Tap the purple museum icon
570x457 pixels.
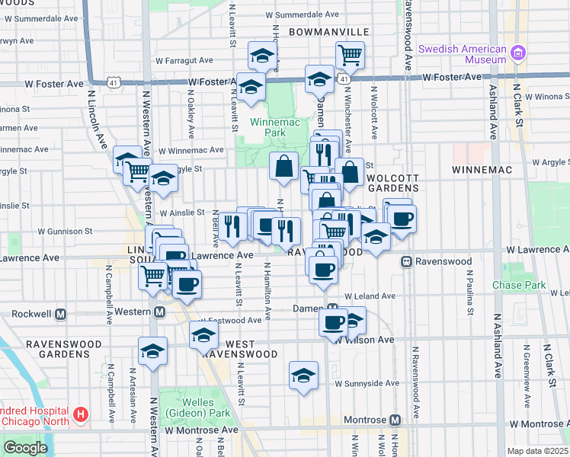coord(519,53)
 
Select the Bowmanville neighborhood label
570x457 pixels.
coord(329,32)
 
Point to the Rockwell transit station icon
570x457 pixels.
coord(62,313)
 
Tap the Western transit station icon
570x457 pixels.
coord(160,312)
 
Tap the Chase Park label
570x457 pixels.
coord(519,286)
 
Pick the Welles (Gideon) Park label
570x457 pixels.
coord(206,407)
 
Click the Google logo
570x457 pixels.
coord(25,448)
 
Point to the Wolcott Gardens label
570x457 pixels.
coord(392,182)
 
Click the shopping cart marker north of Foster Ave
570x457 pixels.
coord(350,55)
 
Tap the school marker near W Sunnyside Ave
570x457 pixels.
coord(303,376)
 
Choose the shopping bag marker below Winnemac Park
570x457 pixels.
coord(283,166)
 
